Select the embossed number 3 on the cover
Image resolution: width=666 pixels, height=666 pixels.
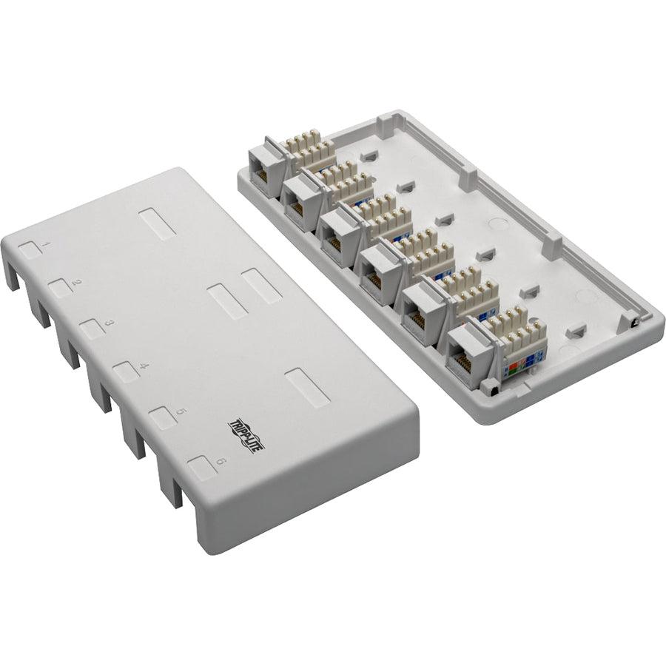(109, 323)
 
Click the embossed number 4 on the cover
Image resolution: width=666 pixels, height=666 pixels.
(144, 366)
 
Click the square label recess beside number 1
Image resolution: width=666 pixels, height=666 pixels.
(30, 249)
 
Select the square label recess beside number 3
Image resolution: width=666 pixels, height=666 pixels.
(91, 329)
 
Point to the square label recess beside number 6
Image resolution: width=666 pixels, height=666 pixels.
(200, 469)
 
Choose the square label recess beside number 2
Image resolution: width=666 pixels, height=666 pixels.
(60, 288)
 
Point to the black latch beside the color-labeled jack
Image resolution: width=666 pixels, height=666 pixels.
(488, 386)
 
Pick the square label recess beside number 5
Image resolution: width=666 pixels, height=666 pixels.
(162, 419)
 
